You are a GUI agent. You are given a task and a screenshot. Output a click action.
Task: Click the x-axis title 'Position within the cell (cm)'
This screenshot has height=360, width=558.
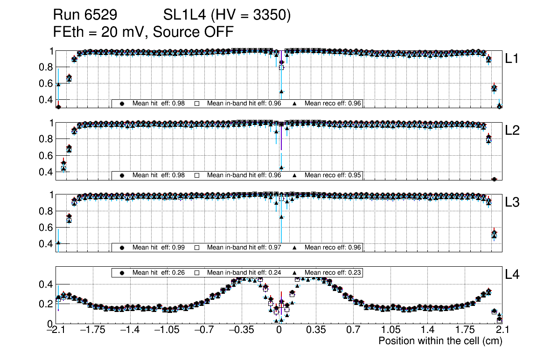(440, 341)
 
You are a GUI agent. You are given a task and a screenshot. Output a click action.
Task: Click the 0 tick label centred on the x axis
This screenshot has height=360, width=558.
(279, 330)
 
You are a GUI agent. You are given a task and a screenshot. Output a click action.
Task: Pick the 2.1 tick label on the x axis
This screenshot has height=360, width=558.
(502, 330)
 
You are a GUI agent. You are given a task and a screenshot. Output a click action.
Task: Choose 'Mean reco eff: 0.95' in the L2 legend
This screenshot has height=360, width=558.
(333, 175)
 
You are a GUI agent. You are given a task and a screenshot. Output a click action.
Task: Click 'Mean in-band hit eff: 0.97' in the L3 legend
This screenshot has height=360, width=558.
(244, 247)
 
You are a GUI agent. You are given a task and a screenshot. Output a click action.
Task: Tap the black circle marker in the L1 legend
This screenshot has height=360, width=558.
(122, 104)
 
